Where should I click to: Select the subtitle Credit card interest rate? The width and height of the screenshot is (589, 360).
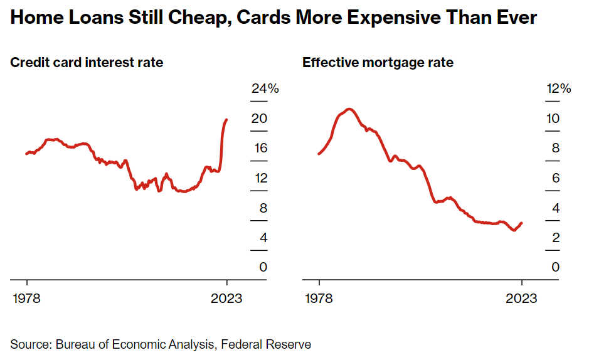pos(87,63)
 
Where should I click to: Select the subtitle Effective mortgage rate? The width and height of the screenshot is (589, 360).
pos(378,63)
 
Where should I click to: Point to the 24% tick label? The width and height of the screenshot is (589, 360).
pos(265,89)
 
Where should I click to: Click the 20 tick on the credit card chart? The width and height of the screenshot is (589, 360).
pos(259,119)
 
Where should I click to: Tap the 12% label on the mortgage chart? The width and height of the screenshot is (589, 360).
pos(558,89)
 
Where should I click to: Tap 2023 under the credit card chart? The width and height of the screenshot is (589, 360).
pos(227,298)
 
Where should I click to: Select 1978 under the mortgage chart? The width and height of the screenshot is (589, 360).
pos(319,298)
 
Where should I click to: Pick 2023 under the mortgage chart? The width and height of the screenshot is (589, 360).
pos(521,298)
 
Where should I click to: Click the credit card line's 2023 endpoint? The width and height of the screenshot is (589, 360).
pos(226,120)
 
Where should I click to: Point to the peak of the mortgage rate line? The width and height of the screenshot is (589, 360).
pos(350,109)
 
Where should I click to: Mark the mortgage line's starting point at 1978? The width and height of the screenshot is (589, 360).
pos(319,154)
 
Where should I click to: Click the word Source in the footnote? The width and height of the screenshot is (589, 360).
pos(29,344)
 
